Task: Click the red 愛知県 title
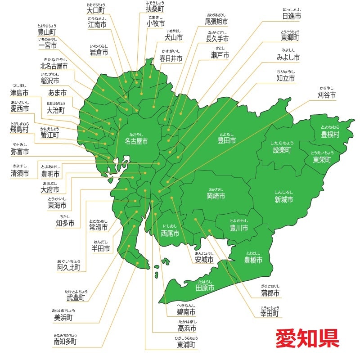pos(307,338)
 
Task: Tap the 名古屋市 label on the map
pos(136,141)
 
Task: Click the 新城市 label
pos(283,199)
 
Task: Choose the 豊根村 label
pos(330,134)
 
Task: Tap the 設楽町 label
pos(282,150)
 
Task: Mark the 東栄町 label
pos(322,160)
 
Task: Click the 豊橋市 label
pos(253,260)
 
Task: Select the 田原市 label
pos(205,288)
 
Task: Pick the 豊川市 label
pos(239,228)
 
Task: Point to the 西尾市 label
pos(170,233)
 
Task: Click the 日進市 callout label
pos(292,16)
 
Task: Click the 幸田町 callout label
pos(270,313)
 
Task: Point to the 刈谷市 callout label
pos(327,95)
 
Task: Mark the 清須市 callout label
pos(20,173)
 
